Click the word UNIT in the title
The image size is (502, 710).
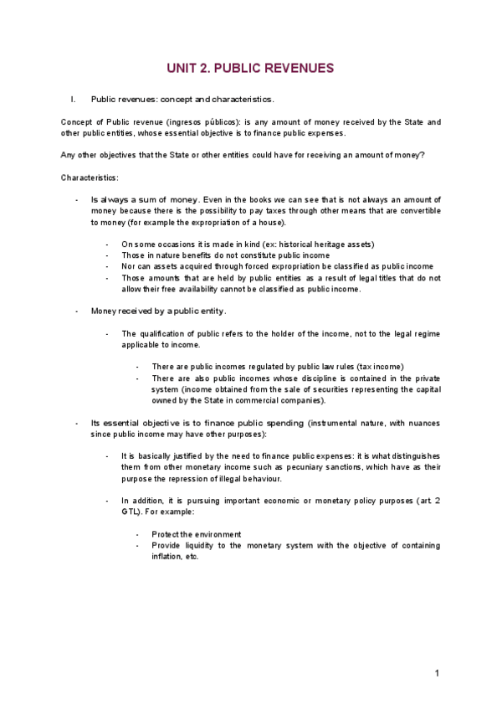[x=182, y=68]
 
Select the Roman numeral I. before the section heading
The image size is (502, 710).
[x=74, y=99]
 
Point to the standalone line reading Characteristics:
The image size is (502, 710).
[x=90, y=177]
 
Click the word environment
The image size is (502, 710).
[x=213, y=534]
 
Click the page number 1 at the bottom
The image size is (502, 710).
[x=437, y=673]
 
